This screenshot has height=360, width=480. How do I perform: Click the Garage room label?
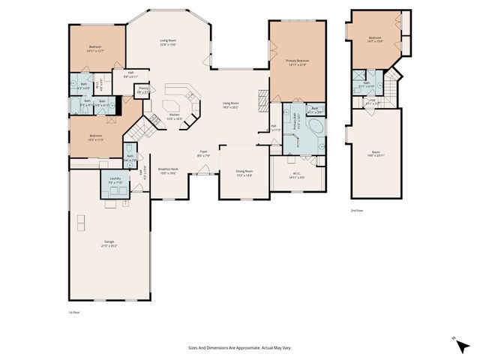click(109, 244)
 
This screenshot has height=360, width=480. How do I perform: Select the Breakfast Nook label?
click(167, 171)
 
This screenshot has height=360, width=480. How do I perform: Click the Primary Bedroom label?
click(298, 61)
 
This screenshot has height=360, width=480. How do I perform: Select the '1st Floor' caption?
click(73, 312)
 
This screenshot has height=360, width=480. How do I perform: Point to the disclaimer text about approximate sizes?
click(239, 347)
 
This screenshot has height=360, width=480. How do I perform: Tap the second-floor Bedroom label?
click(375, 40)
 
